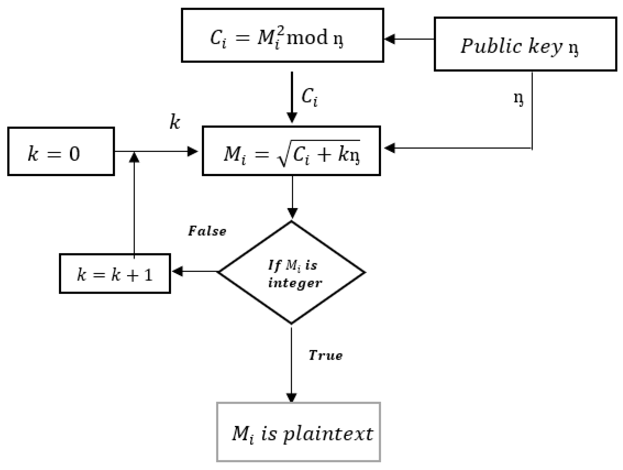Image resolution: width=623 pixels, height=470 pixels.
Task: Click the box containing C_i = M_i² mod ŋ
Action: point(283,35)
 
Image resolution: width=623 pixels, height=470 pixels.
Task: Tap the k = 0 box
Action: point(61,151)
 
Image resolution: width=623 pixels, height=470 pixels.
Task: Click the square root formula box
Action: point(291,151)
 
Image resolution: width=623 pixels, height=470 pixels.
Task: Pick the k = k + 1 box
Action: point(115,274)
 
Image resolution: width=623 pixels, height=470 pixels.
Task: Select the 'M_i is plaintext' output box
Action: point(298,434)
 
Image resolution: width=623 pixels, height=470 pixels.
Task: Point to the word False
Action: point(207,231)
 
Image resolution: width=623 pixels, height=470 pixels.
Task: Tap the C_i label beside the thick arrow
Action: point(310,97)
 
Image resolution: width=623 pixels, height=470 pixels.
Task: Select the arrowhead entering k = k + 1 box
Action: point(177,272)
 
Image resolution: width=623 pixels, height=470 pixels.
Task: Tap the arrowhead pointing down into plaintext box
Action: point(291,397)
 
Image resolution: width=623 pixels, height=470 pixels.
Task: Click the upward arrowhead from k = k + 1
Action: point(134,157)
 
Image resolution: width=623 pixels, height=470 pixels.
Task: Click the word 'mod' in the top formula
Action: point(307,38)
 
